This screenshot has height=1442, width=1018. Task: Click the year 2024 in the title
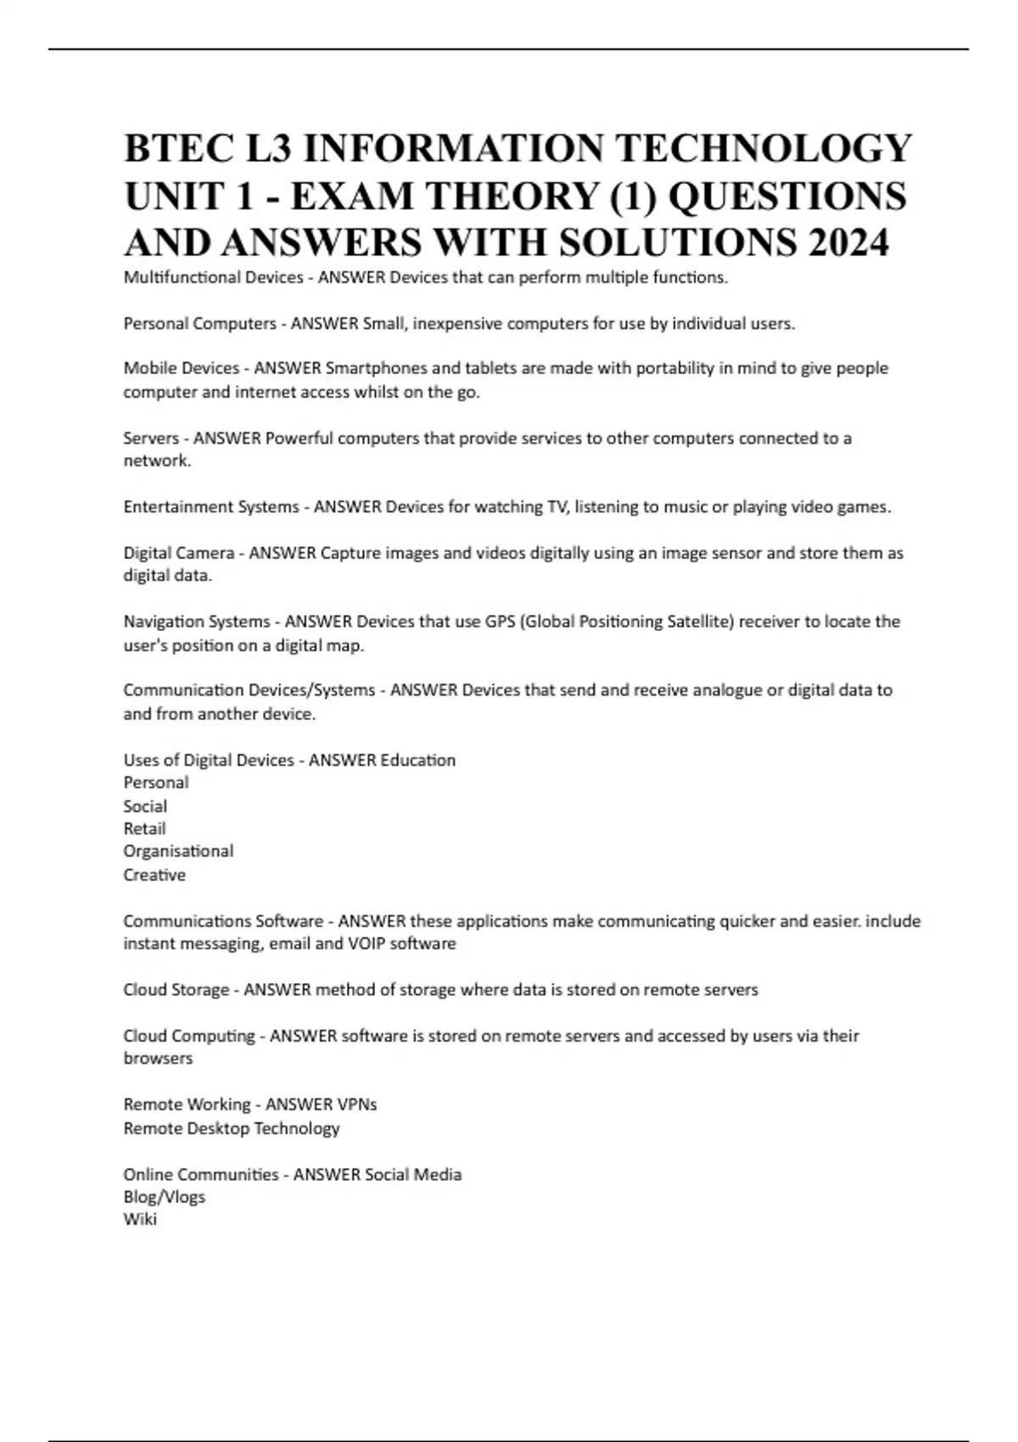pyautogui.click(x=848, y=243)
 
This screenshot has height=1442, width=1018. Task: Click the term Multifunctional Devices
pyautogui.click(x=213, y=277)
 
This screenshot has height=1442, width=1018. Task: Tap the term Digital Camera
pyautogui.click(x=179, y=553)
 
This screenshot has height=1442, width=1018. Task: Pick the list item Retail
pyautogui.click(x=144, y=829)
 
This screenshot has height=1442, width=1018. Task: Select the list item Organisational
pyautogui.click(x=178, y=852)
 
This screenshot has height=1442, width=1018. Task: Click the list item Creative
pyautogui.click(x=154, y=875)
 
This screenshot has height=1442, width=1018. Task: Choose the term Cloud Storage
pyautogui.click(x=176, y=990)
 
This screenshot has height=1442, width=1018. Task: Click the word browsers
pyautogui.click(x=158, y=1059)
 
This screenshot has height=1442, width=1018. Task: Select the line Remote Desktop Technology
pyautogui.click(x=232, y=1128)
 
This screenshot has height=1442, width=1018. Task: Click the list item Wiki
pyautogui.click(x=140, y=1220)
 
